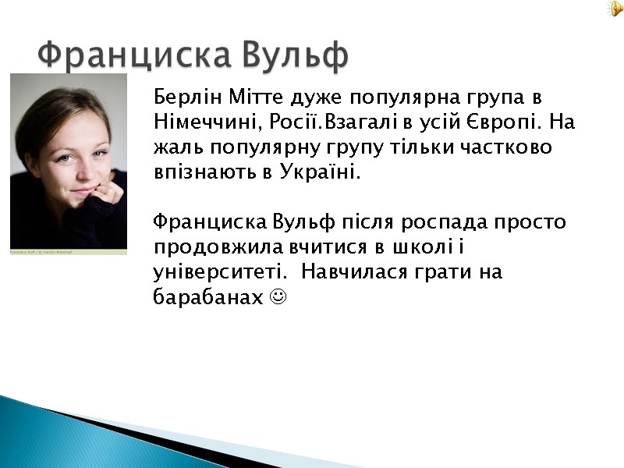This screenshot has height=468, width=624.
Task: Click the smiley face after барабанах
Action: [x=277, y=297]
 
